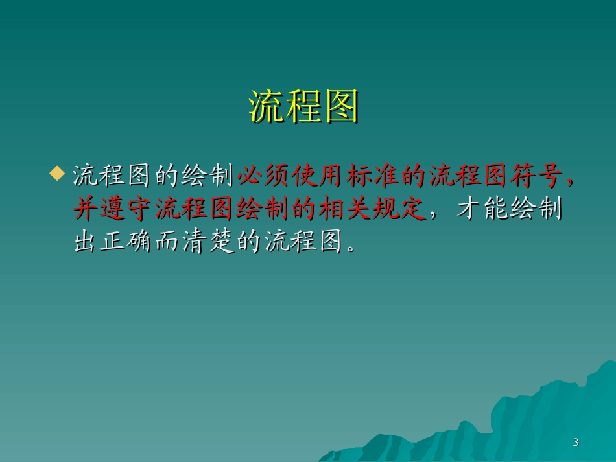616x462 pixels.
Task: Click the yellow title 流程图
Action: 304,106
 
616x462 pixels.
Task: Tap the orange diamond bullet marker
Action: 58,174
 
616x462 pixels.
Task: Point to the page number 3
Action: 575,443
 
